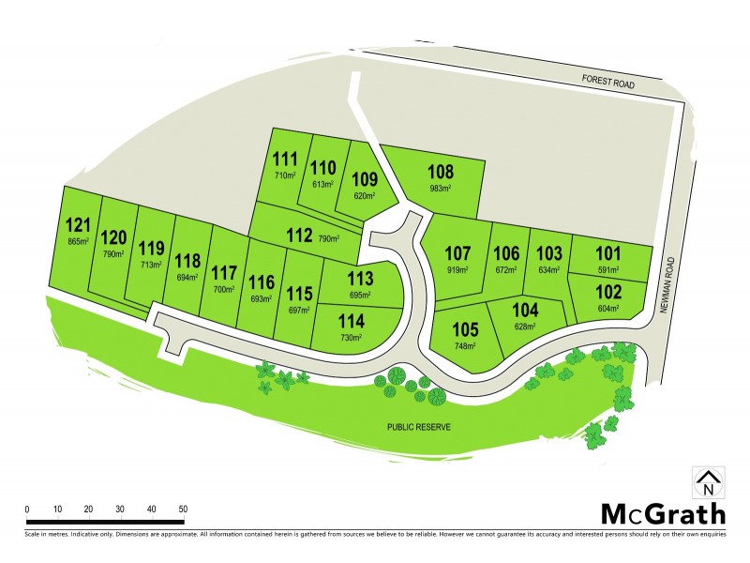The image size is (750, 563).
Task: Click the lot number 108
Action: (441, 173)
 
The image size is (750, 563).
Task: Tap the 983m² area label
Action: (441, 189)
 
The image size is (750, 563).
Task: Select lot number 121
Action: (78, 225)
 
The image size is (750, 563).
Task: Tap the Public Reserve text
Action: (421, 427)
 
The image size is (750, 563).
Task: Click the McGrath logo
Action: (662, 513)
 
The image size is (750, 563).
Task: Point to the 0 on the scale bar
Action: (27, 509)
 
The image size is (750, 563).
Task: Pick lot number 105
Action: (465, 330)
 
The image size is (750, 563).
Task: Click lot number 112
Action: (299, 236)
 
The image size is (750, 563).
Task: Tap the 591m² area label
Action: (608, 267)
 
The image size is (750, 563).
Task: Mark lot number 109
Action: (365, 180)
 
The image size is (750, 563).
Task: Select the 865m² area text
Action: (78, 241)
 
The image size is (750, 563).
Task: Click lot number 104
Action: (525, 311)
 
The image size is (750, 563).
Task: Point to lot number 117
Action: (224, 274)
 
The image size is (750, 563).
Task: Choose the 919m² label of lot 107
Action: (457, 269)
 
